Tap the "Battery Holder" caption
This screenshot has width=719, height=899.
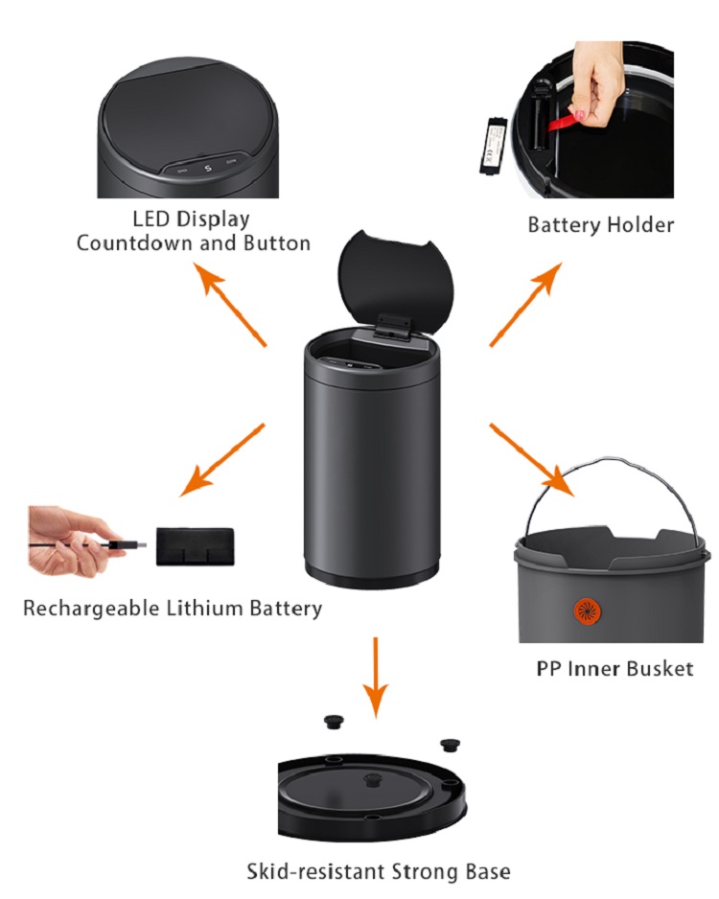(x=601, y=225)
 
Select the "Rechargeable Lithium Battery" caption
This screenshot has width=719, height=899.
(x=173, y=608)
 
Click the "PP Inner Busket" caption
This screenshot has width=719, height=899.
(x=615, y=668)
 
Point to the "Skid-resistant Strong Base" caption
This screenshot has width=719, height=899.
(x=379, y=871)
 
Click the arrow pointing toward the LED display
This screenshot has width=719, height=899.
(x=230, y=305)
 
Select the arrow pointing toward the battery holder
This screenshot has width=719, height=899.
(x=525, y=305)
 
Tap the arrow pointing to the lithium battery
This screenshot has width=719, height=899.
(x=221, y=460)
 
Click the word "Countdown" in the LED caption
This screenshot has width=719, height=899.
(x=132, y=242)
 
